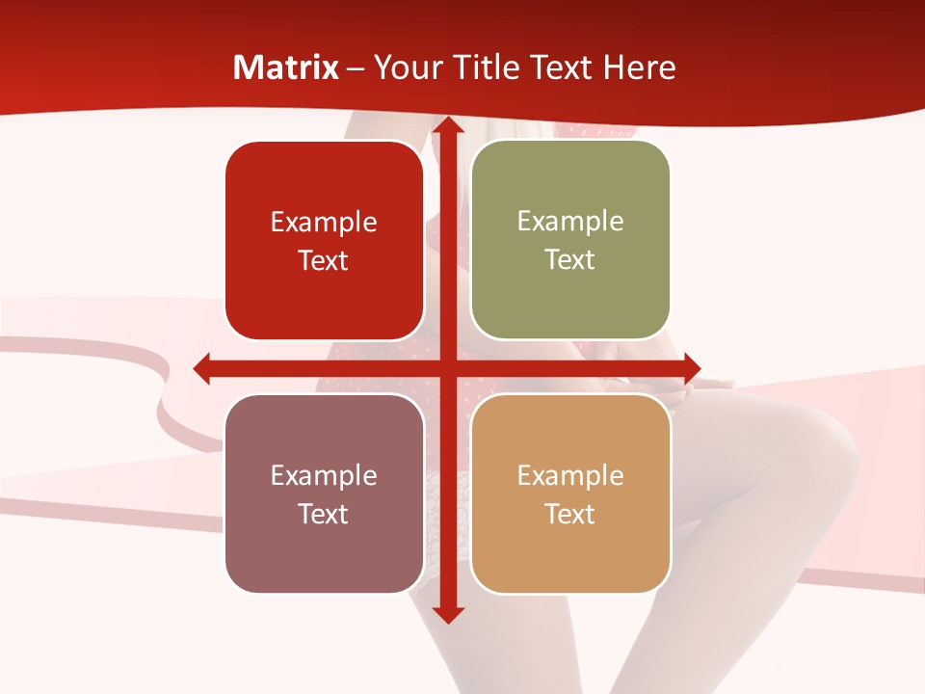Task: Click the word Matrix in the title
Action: pos(286,68)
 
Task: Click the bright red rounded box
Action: pos(324,241)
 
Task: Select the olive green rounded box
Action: pos(570,240)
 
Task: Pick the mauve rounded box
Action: pos(324,494)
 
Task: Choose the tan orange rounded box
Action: pos(570,494)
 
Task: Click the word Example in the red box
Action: pos(324,223)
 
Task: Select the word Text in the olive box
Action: pos(570,260)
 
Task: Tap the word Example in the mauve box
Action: pos(324,475)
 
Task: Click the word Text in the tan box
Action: pos(570,514)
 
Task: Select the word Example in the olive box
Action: pos(570,221)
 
